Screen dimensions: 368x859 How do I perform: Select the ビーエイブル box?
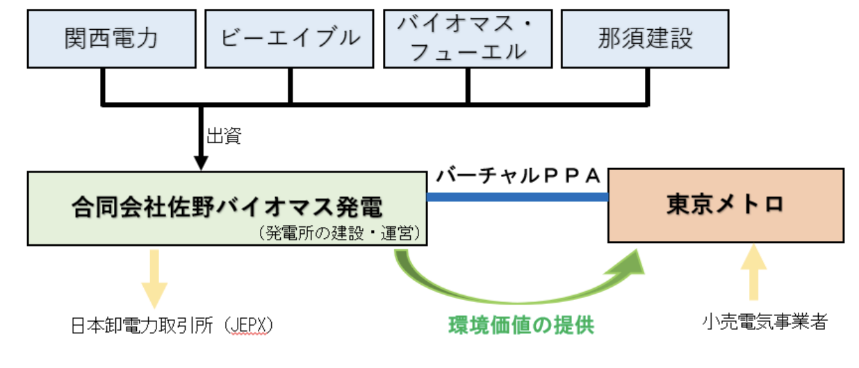(290, 37)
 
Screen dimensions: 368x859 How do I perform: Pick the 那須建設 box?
(646, 37)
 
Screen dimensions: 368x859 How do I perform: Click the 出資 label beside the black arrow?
(223, 136)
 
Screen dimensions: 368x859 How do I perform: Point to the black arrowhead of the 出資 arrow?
(201, 164)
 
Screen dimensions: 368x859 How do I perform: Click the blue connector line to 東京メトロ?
(518, 197)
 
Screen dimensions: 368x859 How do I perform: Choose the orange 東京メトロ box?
(726, 205)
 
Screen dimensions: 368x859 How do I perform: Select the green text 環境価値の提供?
(521, 325)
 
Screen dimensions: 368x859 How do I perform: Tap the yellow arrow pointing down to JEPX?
(154, 278)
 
